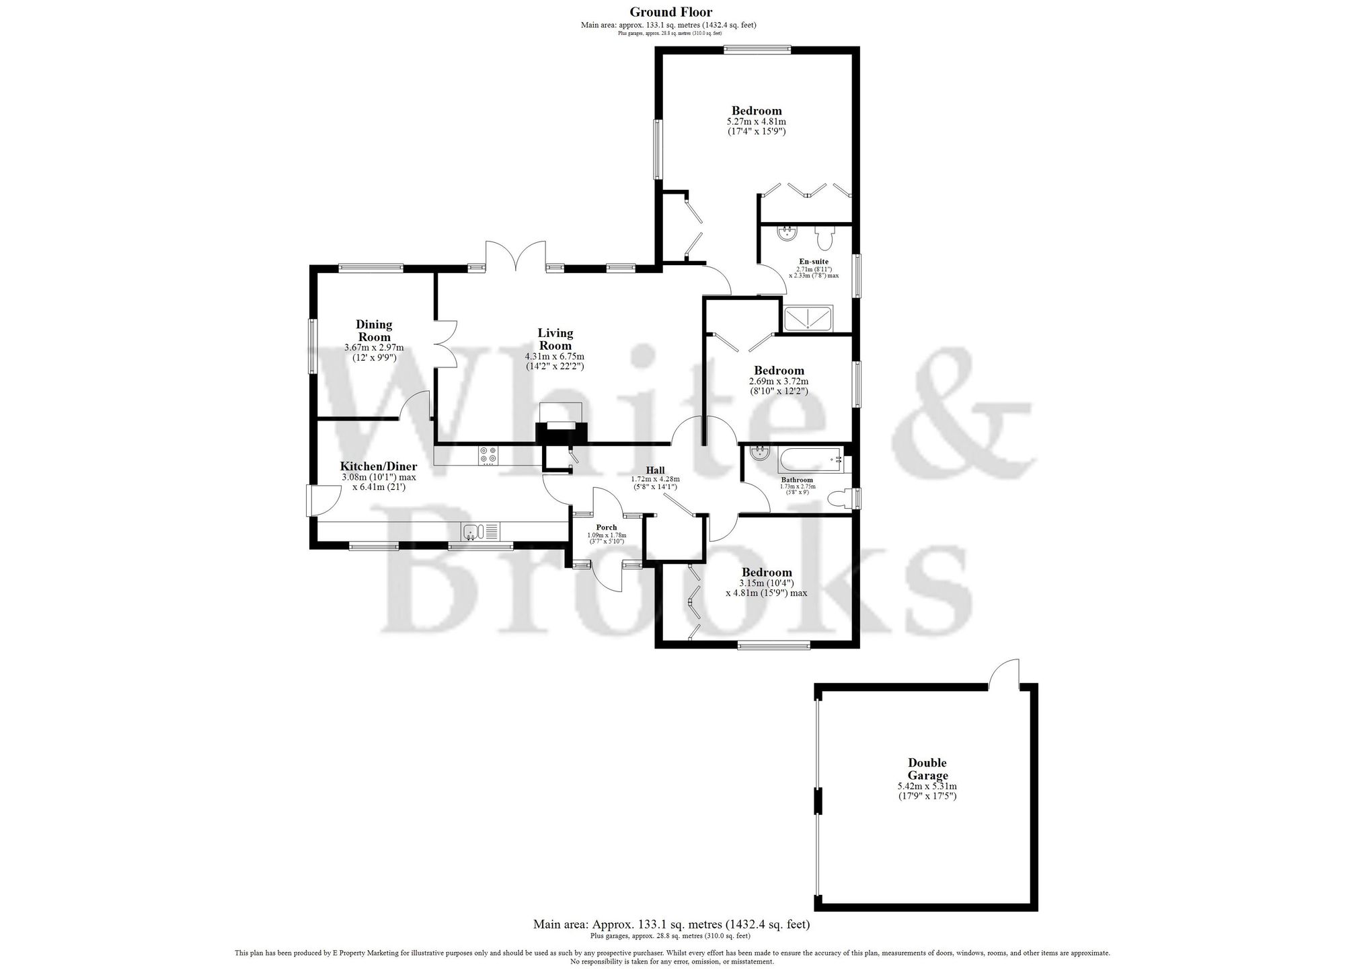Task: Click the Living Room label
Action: [555, 339]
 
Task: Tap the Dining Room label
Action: [374, 331]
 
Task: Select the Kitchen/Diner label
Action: [378, 466]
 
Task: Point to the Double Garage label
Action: [927, 769]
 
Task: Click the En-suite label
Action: [813, 261]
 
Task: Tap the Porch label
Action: [607, 528]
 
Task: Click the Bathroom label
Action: [797, 480]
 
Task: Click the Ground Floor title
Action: [670, 11]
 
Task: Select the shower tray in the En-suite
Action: [808, 318]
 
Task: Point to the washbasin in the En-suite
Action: [785, 234]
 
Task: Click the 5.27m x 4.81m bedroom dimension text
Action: [756, 122]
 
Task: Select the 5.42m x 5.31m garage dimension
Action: [927, 786]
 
